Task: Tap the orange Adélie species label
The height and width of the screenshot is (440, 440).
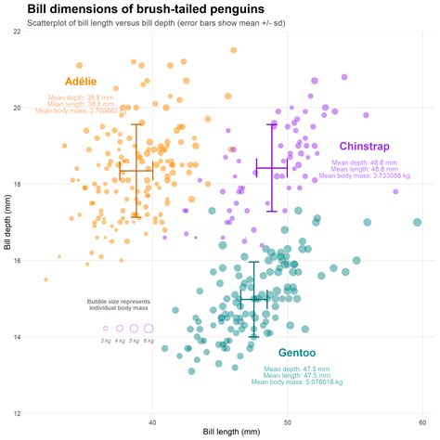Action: point(80,82)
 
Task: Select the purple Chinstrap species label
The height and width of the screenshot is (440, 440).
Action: point(364,147)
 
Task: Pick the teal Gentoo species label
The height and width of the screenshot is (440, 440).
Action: point(297,354)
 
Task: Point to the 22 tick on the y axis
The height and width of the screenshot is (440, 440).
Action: point(17,31)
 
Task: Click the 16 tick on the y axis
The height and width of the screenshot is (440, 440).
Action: point(17,260)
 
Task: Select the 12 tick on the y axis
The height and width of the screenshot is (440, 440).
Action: point(17,413)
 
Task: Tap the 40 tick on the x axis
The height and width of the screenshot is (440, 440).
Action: point(152,422)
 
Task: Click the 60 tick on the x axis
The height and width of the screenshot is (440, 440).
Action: point(422,422)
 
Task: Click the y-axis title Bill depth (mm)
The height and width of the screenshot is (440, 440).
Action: point(6,222)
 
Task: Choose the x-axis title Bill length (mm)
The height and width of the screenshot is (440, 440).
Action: point(219,433)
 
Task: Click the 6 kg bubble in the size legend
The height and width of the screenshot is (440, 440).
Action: point(148,329)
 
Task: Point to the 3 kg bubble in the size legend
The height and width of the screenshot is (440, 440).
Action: point(106,329)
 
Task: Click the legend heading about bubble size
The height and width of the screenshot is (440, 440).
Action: point(118,304)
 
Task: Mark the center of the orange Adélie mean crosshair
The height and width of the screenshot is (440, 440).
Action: point(136,171)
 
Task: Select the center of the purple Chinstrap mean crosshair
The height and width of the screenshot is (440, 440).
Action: point(272,168)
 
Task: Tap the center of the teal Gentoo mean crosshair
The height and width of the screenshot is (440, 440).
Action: point(253,298)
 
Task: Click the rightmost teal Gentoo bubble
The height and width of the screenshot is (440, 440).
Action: point(418,223)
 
